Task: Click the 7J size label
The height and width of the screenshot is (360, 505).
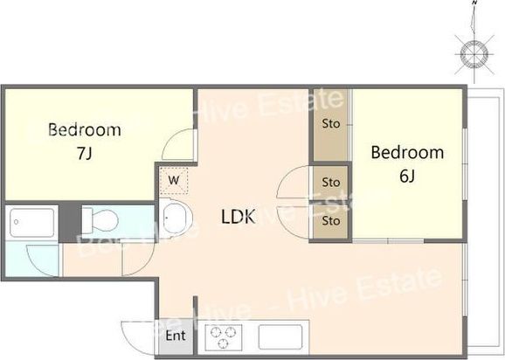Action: click(x=85, y=153)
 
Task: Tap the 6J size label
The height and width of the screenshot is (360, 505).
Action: click(x=407, y=176)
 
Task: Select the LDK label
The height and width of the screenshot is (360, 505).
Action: click(x=239, y=217)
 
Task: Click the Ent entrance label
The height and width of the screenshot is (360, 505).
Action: click(x=176, y=336)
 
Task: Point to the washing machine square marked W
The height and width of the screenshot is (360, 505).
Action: click(x=174, y=180)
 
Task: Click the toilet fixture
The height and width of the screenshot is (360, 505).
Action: click(x=100, y=220)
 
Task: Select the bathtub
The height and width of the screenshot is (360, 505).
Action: click(x=31, y=223)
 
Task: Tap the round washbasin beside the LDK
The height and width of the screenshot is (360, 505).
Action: click(x=176, y=218)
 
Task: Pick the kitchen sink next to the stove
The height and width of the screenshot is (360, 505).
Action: click(x=280, y=336)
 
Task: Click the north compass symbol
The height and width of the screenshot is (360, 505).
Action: click(x=474, y=52)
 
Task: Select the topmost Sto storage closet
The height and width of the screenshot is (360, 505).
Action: click(x=331, y=125)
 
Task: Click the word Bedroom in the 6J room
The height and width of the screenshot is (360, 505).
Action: click(x=407, y=152)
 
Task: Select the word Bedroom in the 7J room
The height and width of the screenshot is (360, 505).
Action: click(x=85, y=130)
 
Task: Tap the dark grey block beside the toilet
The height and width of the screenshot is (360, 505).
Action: click(x=70, y=223)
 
